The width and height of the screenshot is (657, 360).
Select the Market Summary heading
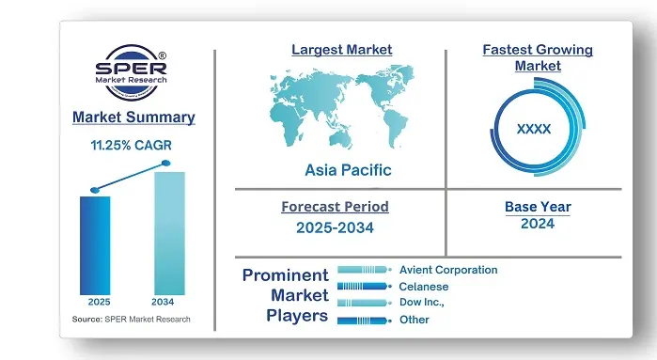(133, 117)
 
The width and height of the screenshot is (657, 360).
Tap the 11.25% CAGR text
(133, 146)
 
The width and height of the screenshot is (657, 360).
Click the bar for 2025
(95, 244)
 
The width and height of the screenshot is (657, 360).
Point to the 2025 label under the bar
(99, 302)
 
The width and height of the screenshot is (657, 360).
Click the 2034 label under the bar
(165, 302)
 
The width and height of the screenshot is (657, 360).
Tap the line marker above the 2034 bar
(166, 164)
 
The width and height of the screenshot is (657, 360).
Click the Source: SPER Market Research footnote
(131, 320)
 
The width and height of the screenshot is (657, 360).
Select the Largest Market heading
(342, 50)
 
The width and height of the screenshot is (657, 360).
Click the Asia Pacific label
(348, 170)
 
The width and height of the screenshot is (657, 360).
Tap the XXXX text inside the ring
(534, 129)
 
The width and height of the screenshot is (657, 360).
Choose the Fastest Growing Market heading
(538, 57)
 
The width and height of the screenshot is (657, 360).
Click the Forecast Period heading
(335, 207)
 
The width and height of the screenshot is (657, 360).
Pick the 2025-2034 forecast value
(335, 228)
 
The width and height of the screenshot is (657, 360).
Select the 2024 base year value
(537, 224)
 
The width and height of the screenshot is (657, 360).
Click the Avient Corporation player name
(448, 270)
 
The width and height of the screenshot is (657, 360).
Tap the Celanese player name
(424, 287)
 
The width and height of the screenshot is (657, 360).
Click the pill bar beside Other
(363, 321)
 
